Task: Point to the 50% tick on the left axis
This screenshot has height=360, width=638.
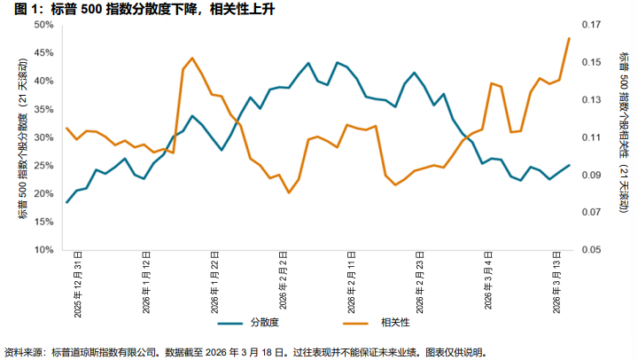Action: click(x=43, y=25)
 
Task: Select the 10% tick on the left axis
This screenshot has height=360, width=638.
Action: click(x=43, y=250)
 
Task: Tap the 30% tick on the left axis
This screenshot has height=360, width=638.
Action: click(x=43, y=137)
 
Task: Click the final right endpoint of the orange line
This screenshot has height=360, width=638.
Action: click(x=569, y=38)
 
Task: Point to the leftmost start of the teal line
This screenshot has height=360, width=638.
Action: click(x=66, y=203)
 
